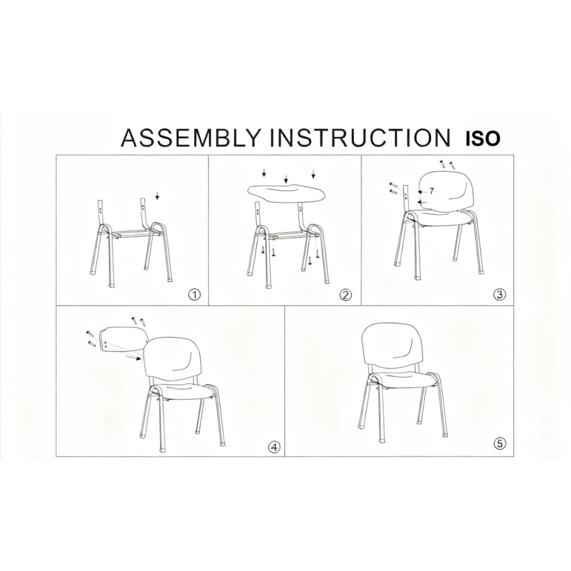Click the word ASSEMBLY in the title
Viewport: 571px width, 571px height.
click(x=191, y=138)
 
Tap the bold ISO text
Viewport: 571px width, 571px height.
click(x=483, y=139)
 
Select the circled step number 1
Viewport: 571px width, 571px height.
click(x=195, y=294)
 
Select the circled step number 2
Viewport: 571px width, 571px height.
click(x=345, y=294)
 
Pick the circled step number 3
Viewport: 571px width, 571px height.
click(x=500, y=294)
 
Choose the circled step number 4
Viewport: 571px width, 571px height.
click(x=274, y=447)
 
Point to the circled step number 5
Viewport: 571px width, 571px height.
click(x=500, y=443)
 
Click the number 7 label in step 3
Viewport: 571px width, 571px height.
click(x=432, y=191)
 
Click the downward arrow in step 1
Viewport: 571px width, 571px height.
click(x=158, y=196)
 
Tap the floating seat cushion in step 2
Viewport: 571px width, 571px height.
click(x=287, y=191)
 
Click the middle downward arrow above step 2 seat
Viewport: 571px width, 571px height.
click(x=286, y=178)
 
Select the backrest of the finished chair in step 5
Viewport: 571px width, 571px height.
click(x=393, y=345)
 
